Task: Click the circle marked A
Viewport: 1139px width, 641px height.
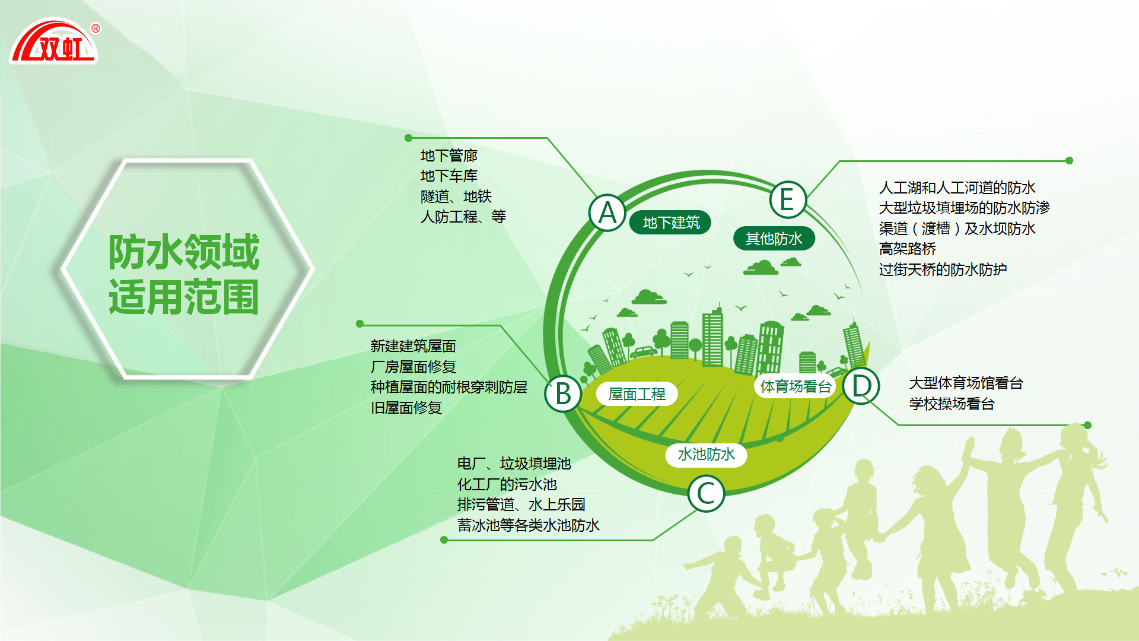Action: tap(607, 212)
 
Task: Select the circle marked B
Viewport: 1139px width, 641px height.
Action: tap(563, 394)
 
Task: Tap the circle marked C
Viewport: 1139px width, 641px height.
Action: tap(706, 493)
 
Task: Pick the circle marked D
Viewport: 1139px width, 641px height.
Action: tap(861, 386)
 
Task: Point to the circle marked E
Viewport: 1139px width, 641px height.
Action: tap(788, 199)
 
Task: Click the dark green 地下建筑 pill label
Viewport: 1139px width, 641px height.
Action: tap(670, 223)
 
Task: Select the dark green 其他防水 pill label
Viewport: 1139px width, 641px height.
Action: tap(774, 239)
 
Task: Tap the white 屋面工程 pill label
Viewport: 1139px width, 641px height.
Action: tap(637, 394)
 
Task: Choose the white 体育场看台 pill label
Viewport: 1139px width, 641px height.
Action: tap(796, 386)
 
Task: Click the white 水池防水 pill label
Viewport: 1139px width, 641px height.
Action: tap(706, 455)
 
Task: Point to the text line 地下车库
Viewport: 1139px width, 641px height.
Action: tap(449, 176)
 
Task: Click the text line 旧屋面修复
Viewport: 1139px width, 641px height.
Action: tap(406, 408)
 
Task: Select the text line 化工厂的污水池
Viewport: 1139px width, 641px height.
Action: tap(507, 484)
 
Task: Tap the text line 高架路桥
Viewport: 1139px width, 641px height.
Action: tap(908, 249)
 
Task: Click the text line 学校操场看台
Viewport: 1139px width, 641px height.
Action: tap(952, 404)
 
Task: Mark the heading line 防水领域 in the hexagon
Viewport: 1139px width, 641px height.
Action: tap(184, 252)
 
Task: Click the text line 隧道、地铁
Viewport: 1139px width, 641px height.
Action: tap(456, 196)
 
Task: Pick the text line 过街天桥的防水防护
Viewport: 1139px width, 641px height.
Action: tap(943, 269)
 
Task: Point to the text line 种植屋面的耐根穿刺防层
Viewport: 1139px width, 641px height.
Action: tap(449, 387)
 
